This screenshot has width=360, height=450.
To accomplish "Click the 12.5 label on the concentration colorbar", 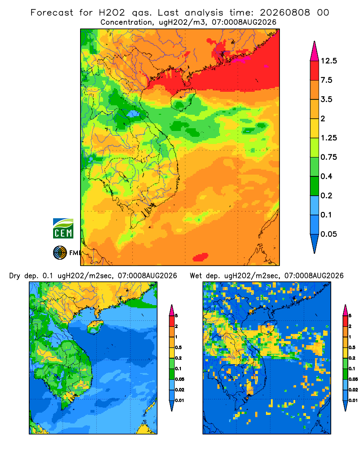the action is click(328, 61).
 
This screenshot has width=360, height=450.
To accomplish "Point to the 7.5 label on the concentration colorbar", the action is click(326, 80).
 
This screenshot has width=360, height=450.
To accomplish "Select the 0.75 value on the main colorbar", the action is click(328, 157).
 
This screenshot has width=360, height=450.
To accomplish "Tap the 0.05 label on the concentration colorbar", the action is click(328, 234).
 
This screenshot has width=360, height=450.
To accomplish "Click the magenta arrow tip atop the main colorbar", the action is click(315, 51).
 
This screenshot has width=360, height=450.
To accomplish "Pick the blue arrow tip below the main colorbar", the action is click(315, 243).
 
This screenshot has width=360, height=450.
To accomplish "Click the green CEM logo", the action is click(63, 228).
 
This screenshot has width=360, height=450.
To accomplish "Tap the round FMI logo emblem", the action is click(60, 253).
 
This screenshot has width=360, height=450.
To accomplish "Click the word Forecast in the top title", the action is click(52, 13).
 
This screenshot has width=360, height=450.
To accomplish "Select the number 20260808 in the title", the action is click(285, 13).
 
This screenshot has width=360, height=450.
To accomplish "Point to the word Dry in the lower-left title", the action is click(15, 276).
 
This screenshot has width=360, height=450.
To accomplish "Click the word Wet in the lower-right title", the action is click(196, 276).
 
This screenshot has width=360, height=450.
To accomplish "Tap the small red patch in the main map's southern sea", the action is click(200, 257).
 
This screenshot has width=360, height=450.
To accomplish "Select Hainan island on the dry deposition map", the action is click(95, 327).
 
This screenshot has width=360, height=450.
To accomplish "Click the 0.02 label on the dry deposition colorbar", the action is click(180, 390).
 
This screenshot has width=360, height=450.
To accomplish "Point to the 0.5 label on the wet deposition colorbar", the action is click(352, 347).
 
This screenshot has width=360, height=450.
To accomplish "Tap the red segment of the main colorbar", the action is click(315, 71).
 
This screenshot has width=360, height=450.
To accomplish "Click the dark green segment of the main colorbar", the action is click(315, 186).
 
